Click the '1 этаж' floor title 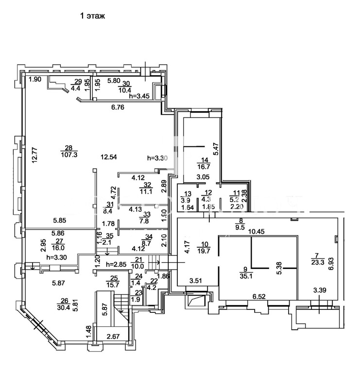click(x=93, y=16)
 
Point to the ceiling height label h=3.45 click(x=139, y=97)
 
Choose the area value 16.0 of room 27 click(x=59, y=247)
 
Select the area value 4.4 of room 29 click(x=76, y=88)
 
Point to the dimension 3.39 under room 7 click(x=320, y=291)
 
